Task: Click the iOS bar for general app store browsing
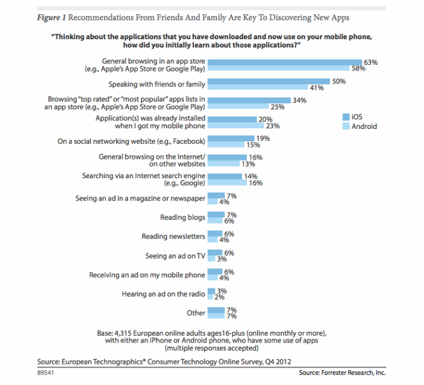point(284,62)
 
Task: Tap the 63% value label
point(372,62)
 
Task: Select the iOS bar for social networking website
point(231,138)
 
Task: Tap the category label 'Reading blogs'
point(183,217)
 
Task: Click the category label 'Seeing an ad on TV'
point(174,256)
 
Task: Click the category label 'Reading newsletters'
point(173,237)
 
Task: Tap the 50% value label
point(339,81)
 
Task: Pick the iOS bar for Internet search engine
point(224,176)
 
